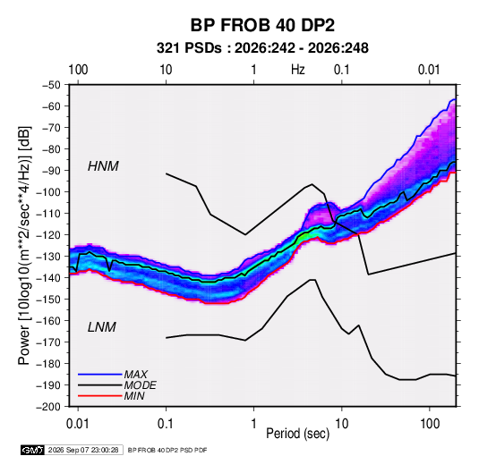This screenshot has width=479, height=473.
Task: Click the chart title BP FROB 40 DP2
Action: pos(262,25)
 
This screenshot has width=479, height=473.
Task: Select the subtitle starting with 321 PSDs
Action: pos(262,48)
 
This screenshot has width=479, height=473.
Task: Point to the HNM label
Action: pos(103,166)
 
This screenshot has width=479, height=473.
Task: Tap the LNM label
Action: pos(102,327)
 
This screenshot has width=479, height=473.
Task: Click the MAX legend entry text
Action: pos(135,374)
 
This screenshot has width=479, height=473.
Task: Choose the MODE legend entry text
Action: pos(141,385)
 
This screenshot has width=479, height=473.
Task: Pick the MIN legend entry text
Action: pos(134,396)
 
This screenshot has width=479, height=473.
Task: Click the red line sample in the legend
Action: pos(100,396)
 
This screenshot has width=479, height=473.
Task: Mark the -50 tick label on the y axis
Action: pos(51,85)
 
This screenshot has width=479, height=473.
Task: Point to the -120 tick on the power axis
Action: pos(49,235)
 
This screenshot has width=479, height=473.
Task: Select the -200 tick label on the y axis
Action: pos(48,407)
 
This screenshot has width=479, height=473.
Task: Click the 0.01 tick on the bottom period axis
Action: pos(78,424)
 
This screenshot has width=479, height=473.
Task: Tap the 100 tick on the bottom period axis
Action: pos(430,424)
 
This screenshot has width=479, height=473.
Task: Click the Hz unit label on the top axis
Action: pos(298,70)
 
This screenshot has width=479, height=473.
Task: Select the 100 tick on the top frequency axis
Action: pos(78,70)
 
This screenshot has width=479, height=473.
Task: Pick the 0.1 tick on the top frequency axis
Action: pos(341,70)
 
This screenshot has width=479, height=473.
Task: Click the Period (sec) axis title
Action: pos(298,434)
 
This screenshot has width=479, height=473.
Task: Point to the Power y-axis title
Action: pos(24,246)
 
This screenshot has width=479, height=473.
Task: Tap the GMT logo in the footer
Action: pos(33,450)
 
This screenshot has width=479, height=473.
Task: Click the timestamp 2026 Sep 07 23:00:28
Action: pos(83,450)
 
